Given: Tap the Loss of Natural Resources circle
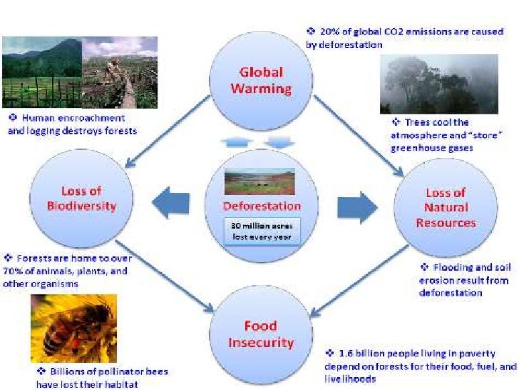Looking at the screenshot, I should [x=445, y=207].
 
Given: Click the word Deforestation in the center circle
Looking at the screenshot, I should [x=262, y=206].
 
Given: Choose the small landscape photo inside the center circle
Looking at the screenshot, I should [x=261, y=181].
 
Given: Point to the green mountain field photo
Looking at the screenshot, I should [x=42, y=72].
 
